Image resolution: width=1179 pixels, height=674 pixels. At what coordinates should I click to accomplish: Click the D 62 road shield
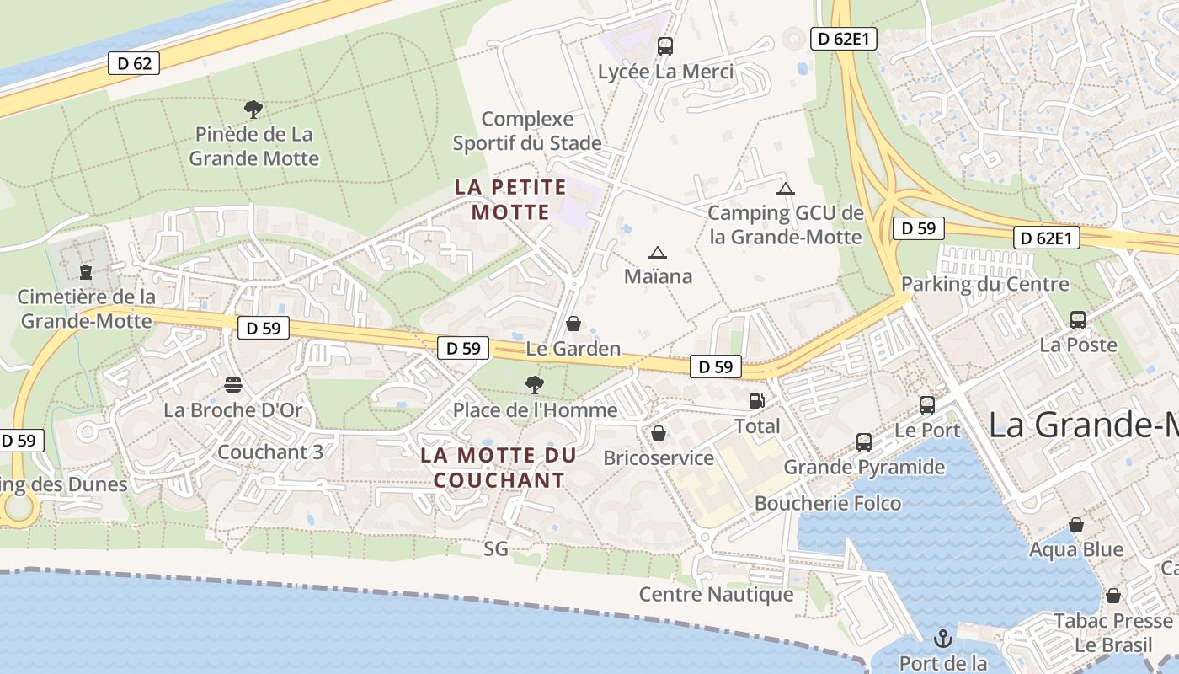[134, 63]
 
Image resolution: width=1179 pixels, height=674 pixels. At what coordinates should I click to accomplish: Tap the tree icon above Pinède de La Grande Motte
[253, 109]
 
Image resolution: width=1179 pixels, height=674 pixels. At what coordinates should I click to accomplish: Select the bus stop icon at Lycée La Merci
[665, 46]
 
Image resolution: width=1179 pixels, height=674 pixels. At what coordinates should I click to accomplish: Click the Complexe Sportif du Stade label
[527, 131]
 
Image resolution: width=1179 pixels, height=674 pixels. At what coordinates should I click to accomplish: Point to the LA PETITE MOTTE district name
[510, 199]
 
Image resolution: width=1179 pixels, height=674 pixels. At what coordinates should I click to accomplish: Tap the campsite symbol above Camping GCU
[786, 189]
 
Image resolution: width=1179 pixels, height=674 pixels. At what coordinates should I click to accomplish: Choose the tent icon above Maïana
[658, 253]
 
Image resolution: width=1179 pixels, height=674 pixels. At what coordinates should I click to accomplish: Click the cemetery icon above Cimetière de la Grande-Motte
[86, 272]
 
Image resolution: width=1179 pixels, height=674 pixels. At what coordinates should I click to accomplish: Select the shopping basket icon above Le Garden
[573, 324]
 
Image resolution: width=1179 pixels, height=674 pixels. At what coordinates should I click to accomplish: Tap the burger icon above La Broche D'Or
[233, 385]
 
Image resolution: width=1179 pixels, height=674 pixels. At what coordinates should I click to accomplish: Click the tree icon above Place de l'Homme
[534, 385]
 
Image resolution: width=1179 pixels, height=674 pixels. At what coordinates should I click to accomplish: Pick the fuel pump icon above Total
[757, 401]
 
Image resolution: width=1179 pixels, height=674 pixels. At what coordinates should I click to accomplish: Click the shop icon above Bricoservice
[659, 433]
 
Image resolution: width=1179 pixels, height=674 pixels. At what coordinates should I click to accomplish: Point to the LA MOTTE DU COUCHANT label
[499, 468]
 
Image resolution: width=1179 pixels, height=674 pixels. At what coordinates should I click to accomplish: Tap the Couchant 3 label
[270, 452]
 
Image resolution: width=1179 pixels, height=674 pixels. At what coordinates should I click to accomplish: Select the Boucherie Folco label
[828, 504]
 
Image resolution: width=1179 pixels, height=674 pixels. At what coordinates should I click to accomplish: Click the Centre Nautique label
[717, 594]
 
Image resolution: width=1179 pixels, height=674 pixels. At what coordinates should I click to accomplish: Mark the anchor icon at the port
[943, 638]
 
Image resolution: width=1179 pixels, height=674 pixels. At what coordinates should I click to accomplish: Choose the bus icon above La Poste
[1078, 320]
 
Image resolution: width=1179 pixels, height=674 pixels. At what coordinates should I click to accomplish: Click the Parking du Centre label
[985, 284]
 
